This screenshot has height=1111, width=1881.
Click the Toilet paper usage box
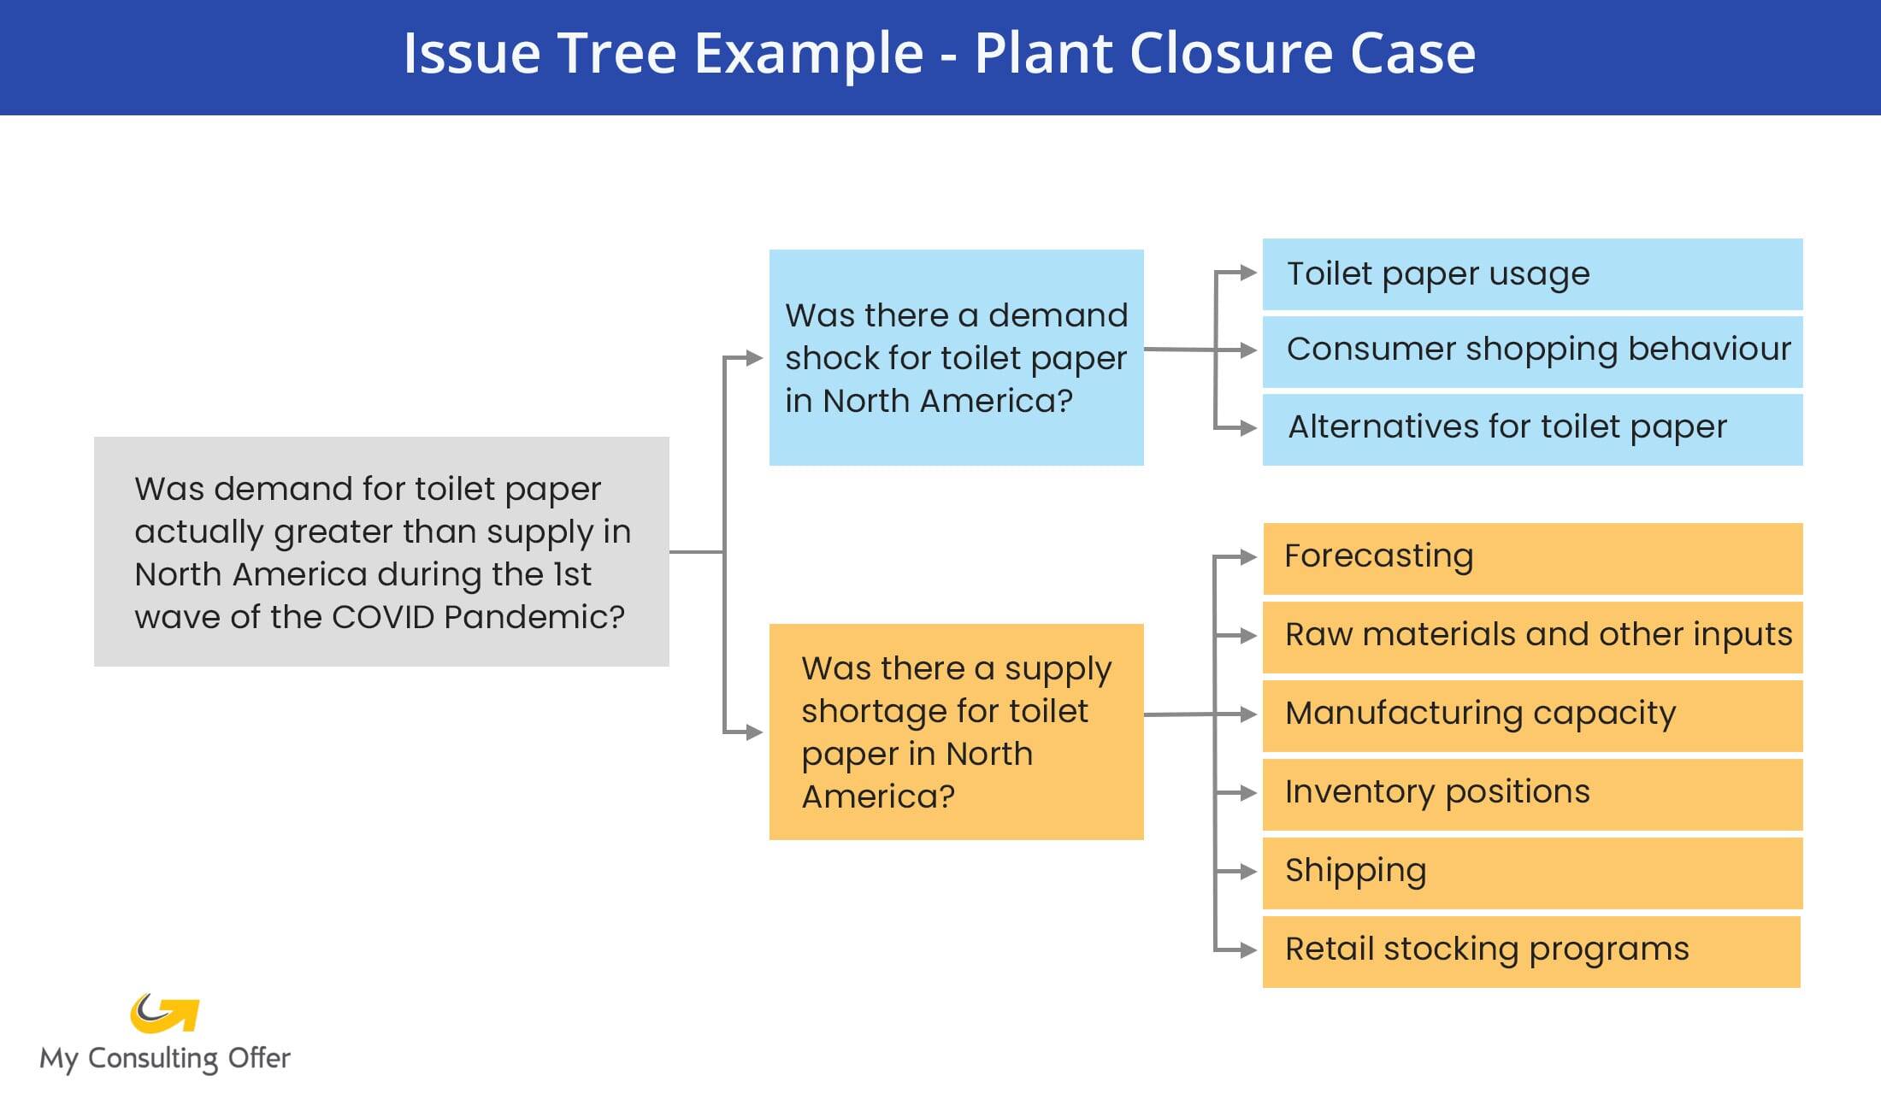pos(1532,274)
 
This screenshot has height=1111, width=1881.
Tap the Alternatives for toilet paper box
pos(1532,428)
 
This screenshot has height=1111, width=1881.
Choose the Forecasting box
pos(1532,558)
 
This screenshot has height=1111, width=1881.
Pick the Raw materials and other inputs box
pos(1532,637)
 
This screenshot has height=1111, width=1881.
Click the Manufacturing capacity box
pos(1532,715)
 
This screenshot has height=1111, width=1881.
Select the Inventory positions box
pos(1532,794)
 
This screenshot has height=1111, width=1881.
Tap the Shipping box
pos(1532,873)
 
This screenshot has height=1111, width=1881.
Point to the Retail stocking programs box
pos(1530,951)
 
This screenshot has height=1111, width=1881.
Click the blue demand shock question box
pos(956,357)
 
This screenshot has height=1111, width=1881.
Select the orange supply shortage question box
pos(956,732)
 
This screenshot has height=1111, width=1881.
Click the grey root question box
pos(381,551)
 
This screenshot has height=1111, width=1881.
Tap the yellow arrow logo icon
pos(165,1014)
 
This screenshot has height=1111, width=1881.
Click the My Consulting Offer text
pos(165,1058)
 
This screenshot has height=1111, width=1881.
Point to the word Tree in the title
pos(617,53)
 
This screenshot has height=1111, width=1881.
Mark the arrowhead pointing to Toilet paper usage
pos(1248,273)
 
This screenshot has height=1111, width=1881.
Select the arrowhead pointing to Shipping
pos(1248,872)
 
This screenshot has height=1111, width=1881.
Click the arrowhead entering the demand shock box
pos(754,358)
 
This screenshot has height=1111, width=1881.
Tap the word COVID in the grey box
pos(383,617)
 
